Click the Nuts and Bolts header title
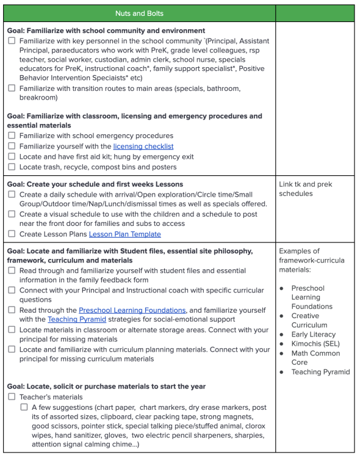click(139, 12)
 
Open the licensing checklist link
click(143, 147)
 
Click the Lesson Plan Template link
click(124, 234)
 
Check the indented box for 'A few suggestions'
click(24, 407)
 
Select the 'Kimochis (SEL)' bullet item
click(317, 344)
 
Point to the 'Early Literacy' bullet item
click(313, 335)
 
